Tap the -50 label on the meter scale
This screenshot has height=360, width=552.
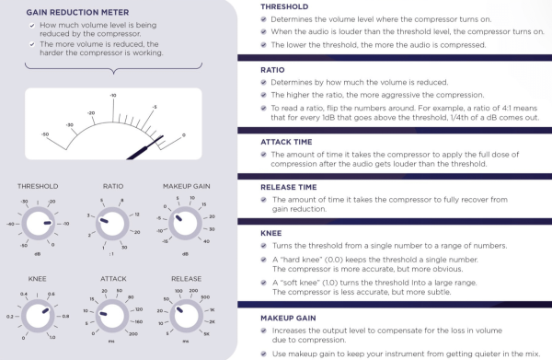tap(45, 134)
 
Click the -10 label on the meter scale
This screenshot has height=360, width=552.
tap(111, 95)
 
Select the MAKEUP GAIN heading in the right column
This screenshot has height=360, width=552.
tap(282, 318)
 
